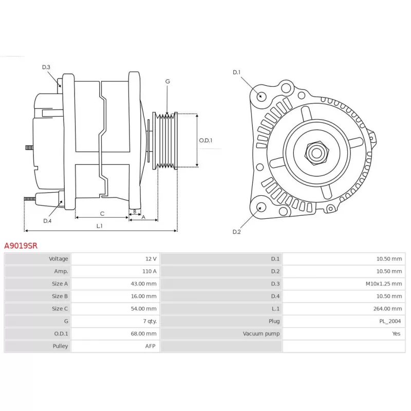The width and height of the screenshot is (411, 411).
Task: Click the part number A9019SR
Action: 21,246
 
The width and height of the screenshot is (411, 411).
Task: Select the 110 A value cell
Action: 150,271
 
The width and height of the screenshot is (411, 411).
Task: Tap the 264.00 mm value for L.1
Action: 387,309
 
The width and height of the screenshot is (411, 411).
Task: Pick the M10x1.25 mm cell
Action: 383,284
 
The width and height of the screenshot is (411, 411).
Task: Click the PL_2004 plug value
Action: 390,321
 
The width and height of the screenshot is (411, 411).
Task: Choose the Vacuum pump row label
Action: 261,333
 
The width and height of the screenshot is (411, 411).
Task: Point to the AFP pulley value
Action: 150,346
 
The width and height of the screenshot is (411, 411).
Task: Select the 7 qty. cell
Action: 150,321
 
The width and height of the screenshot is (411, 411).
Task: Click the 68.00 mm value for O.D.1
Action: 144,333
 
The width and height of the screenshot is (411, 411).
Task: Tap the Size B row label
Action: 60,296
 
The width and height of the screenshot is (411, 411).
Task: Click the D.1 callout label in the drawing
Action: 236,72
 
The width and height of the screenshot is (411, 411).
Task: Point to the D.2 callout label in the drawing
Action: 236,232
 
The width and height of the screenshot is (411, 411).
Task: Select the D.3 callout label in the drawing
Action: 46,67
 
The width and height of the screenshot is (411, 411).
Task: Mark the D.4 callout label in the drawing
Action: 47,221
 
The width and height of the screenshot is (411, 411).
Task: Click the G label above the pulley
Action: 168,82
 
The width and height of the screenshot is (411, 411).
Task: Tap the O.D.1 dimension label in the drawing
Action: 206,140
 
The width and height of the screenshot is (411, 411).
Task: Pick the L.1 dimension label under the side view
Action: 100,226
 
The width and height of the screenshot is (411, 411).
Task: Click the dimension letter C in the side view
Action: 102,214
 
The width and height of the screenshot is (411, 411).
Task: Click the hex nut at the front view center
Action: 316,153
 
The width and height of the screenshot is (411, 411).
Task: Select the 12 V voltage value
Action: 151,259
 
